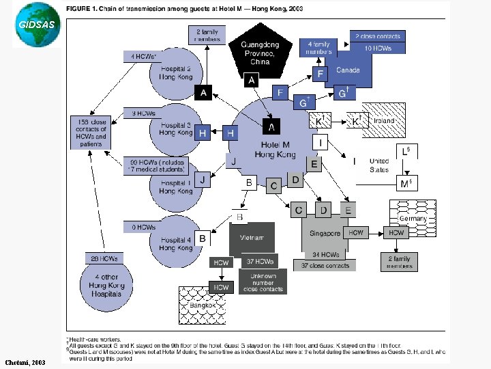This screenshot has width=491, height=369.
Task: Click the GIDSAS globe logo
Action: pos(31,25)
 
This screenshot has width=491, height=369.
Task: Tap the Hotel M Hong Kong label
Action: pos(273,149)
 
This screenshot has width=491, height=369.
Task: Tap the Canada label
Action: pos(348,70)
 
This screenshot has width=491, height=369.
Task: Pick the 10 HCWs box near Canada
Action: pos(377,48)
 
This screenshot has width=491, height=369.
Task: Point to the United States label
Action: pos(379,165)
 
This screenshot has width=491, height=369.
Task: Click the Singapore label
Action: pos(325,234)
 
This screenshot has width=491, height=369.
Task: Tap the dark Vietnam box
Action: pos(252,237)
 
